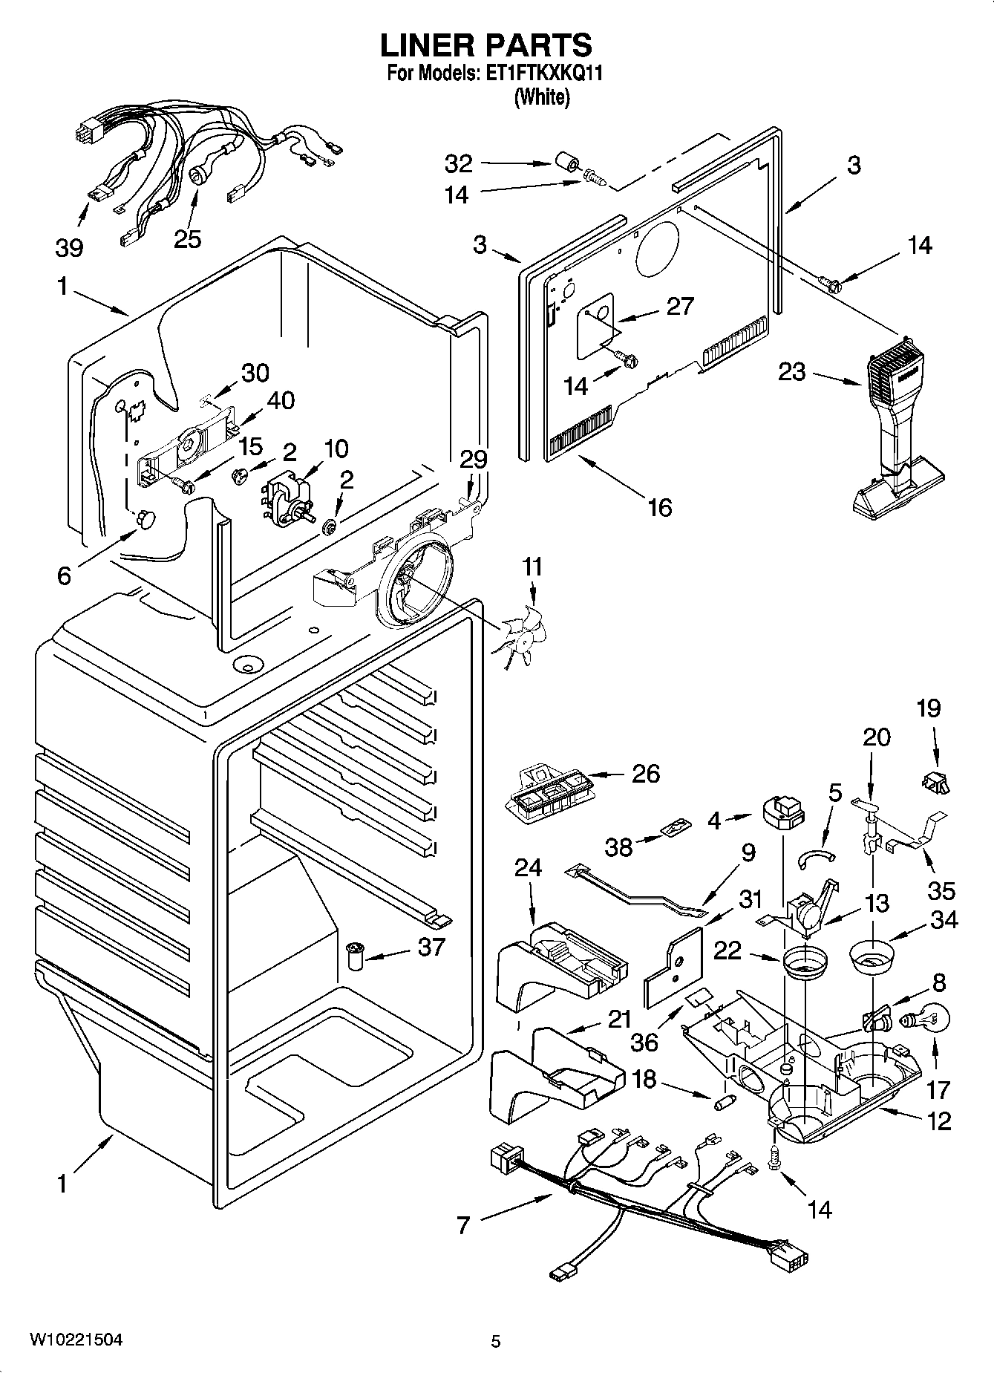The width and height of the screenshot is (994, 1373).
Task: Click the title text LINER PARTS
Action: [486, 45]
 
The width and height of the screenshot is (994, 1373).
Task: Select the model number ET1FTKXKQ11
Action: [546, 74]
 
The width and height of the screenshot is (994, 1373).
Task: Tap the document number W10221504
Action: [76, 1340]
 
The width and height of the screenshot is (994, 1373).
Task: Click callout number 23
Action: [791, 371]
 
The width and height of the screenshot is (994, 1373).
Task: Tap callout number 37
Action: [432, 946]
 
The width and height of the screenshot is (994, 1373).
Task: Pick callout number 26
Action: [645, 774]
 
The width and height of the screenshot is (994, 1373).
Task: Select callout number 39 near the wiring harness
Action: [69, 247]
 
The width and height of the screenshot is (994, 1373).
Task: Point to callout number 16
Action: [659, 507]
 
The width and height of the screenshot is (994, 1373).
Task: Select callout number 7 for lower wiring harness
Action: [463, 1224]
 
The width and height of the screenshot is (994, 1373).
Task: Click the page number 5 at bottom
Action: [495, 1341]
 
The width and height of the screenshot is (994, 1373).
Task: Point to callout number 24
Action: [528, 867]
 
